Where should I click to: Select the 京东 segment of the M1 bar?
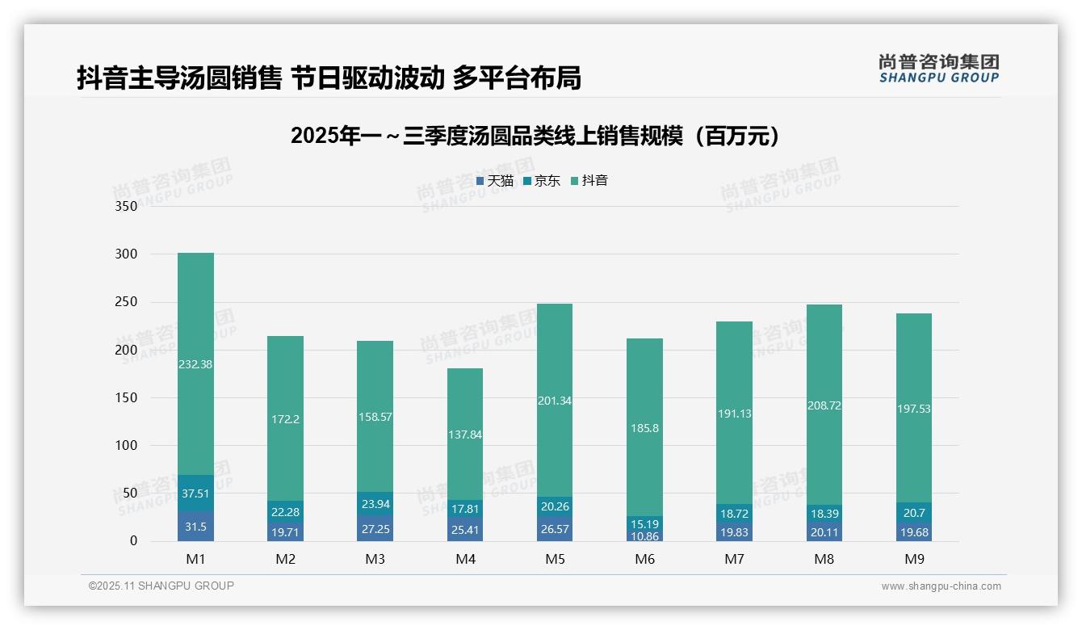pos(195,493)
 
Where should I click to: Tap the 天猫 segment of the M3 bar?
pos(375,528)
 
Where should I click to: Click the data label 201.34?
pos(555,401)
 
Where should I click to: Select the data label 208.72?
pos(824,405)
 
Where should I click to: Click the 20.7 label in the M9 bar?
pos(914,513)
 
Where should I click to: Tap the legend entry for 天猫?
pos(495,181)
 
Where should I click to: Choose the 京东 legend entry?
pos(542,181)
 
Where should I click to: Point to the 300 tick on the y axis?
pos(127,254)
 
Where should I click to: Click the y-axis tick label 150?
pos(127,397)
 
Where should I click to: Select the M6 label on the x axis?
pos(644,559)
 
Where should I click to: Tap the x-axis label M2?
pos(285,559)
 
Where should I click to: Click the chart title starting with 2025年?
pos(536,136)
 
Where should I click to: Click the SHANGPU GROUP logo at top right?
pos(938,69)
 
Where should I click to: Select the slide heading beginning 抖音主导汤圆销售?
pos(329,78)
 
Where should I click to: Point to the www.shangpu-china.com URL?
pos(941,586)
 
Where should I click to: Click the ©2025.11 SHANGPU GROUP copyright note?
pos(161,586)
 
